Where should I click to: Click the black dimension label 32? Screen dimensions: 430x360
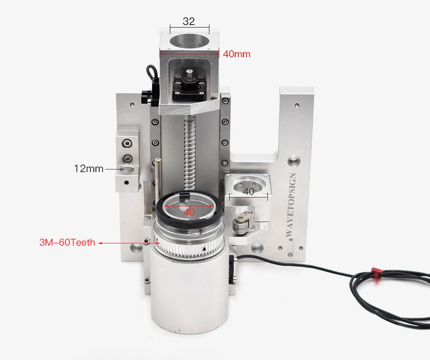pyautogui.click(x=189, y=21)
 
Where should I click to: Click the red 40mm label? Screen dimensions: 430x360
pyautogui.click(x=236, y=54)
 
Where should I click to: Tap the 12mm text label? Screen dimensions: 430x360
pyautogui.click(x=89, y=169)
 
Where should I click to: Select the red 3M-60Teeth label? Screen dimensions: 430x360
pyautogui.click(x=67, y=243)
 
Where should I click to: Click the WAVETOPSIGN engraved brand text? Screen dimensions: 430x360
pyautogui.click(x=291, y=205)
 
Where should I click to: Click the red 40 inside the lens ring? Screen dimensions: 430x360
pyautogui.click(x=189, y=212)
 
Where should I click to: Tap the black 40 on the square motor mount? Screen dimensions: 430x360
pyautogui.click(x=249, y=191)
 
